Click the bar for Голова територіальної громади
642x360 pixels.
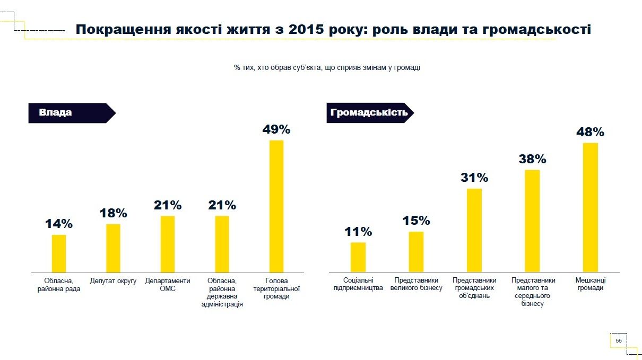coord(276,206)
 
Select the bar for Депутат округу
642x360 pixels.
coord(113,248)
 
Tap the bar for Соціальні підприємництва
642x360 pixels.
coord(358,257)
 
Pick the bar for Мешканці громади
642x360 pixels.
coord(591,207)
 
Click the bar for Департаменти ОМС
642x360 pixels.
coord(168,244)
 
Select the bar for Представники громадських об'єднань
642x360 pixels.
coord(474,230)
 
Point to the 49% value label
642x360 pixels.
coord(276,129)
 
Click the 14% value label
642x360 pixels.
coord(58,224)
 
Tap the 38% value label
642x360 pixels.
coord(532,159)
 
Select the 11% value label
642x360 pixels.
coord(358,232)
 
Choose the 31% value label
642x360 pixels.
coord(474,178)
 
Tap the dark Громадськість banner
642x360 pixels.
coord(369,113)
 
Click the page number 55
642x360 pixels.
coord(619,340)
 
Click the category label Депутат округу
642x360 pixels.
coord(113,280)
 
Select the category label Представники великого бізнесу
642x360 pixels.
coord(416,284)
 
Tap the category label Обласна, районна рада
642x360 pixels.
coord(58,284)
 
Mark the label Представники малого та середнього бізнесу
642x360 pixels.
coord(533,292)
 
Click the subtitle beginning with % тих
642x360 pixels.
coord(327,68)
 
